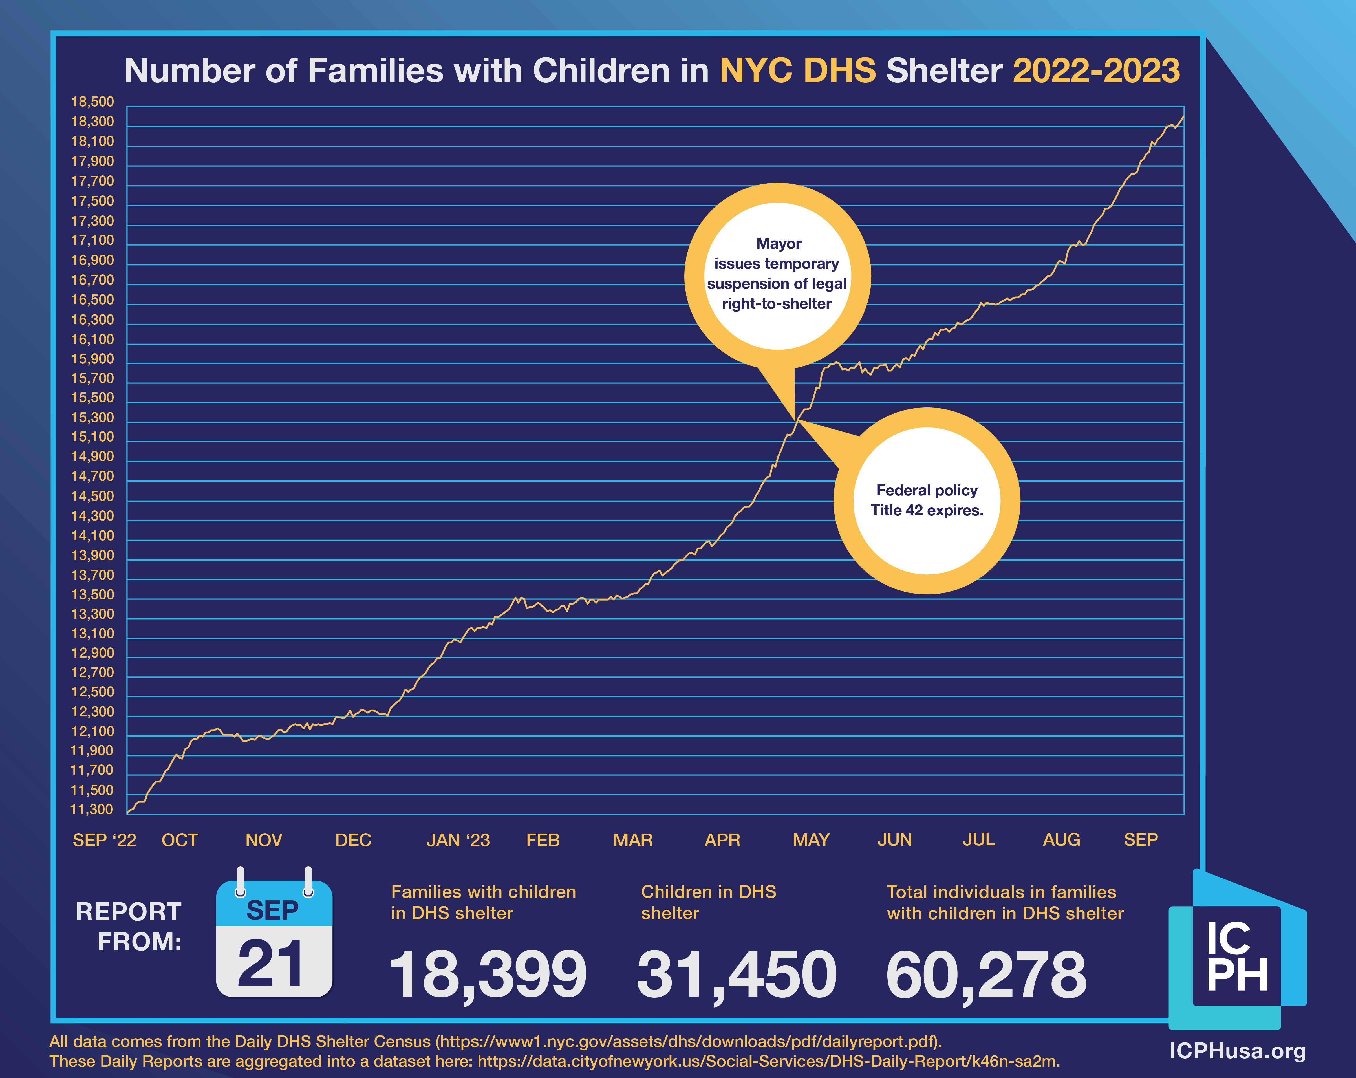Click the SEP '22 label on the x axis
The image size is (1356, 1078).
click(104, 840)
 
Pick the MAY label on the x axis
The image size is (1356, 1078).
click(811, 840)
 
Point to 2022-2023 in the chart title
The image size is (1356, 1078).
click(1096, 70)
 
